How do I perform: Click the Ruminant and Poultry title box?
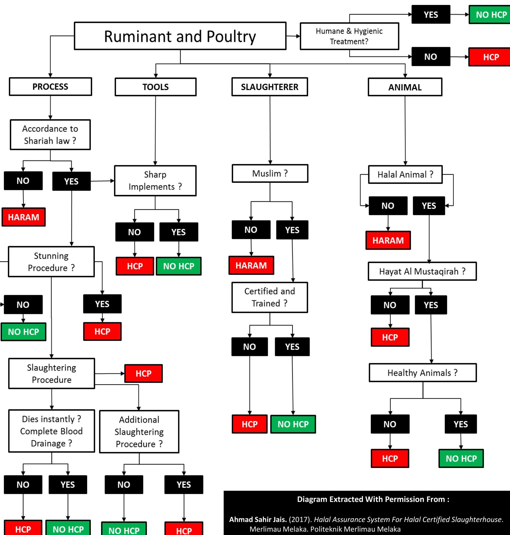[x=180, y=36]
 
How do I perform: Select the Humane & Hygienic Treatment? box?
[x=349, y=36]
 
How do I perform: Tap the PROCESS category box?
[x=50, y=86]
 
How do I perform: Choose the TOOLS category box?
[x=156, y=87]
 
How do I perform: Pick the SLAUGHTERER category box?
[x=270, y=87]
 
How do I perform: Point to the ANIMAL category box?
[x=405, y=87]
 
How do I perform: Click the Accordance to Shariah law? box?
[x=50, y=135]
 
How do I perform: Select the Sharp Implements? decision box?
[x=155, y=181]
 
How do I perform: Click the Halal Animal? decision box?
[x=405, y=175]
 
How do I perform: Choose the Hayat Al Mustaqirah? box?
[x=422, y=271]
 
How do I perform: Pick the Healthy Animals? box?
[x=423, y=373]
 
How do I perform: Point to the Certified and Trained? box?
[x=270, y=297]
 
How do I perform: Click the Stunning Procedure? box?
[x=51, y=262]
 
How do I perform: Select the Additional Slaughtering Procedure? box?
[x=139, y=432]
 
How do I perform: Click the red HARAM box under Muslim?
[x=251, y=265]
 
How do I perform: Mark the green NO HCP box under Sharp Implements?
[x=178, y=266]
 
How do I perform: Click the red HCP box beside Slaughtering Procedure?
[x=144, y=373]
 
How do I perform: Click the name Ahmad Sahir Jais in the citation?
[x=258, y=519]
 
